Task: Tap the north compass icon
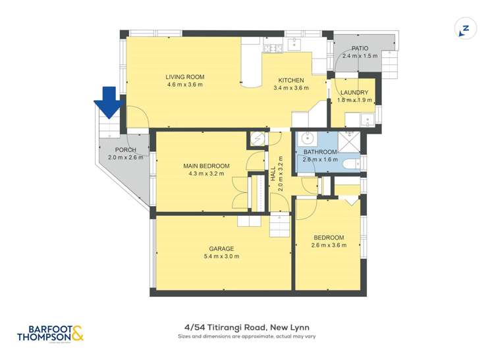(x=465, y=28)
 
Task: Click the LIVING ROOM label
(x=184, y=77)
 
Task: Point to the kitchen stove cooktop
(x=273, y=47)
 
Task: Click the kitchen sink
(x=294, y=45)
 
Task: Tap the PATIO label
(x=360, y=48)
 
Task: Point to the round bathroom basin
(x=306, y=139)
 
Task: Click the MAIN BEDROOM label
(x=206, y=166)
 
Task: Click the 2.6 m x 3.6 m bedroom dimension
(x=327, y=246)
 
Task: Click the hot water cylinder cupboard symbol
(x=257, y=140)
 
